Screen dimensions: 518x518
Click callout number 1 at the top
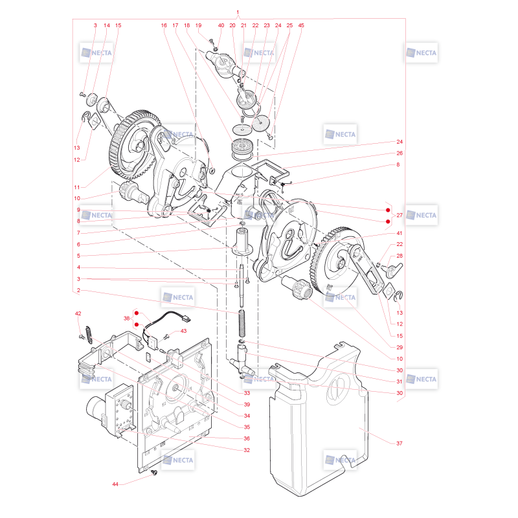click(x=238, y=12)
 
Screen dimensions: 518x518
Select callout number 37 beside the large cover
click(x=399, y=444)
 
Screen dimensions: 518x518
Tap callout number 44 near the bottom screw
click(x=115, y=484)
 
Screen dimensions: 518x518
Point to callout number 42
click(x=78, y=313)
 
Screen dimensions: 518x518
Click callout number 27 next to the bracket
click(x=400, y=216)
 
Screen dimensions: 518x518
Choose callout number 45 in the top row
click(x=301, y=25)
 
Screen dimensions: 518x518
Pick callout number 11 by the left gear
click(x=77, y=187)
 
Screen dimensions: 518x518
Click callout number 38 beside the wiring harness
click(x=126, y=319)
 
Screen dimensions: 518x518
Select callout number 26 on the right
click(x=400, y=153)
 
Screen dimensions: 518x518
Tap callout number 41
click(x=399, y=233)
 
